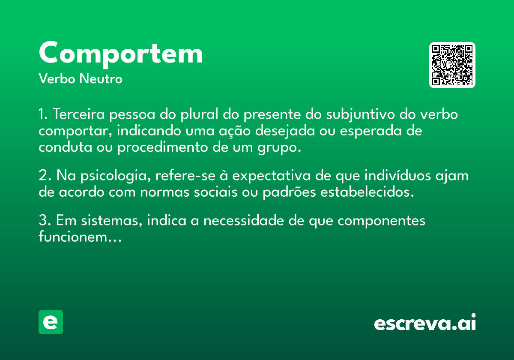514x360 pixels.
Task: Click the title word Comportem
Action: click(121, 54)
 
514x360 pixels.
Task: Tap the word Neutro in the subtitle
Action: click(101, 79)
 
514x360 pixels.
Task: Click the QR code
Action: click(452, 65)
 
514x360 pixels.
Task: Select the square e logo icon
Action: click(51, 322)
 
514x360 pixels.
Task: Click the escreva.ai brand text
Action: click(425, 322)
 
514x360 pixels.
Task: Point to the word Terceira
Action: click(79, 114)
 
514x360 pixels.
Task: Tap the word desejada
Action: click(285, 131)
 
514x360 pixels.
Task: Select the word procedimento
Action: click(163, 147)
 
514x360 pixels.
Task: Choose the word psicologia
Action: click(116, 176)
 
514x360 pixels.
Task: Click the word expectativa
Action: click(272, 176)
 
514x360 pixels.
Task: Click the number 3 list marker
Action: click(45, 220)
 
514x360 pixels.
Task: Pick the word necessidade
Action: click(244, 220)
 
